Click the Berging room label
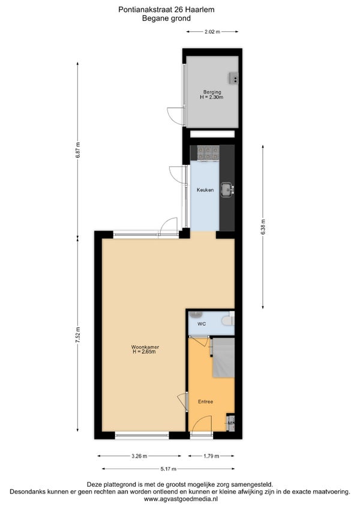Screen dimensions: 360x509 click(x=212, y=92)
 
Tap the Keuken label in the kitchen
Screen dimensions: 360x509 click(x=205, y=190)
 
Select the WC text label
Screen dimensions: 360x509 click(x=202, y=324)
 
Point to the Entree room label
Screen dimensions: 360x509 click(x=205, y=402)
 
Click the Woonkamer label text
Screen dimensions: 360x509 click(x=145, y=347)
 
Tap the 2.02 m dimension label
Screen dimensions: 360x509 click(x=212, y=32)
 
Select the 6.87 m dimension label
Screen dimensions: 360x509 click(x=77, y=150)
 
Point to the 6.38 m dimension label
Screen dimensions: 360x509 click(x=263, y=226)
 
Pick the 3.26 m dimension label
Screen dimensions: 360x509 click(x=139, y=456)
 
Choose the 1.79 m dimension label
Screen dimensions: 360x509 click(x=211, y=456)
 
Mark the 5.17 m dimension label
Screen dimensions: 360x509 click(x=168, y=469)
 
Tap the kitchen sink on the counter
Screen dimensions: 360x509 click(x=227, y=190)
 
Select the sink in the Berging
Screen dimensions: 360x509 click(x=234, y=78)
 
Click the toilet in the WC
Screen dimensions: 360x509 click(x=228, y=321)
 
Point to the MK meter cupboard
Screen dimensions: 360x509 click(x=231, y=423)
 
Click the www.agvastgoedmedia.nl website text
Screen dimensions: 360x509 click(x=181, y=499)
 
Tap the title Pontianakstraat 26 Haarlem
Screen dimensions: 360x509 click(x=166, y=10)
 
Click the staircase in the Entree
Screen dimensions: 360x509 click(x=223, y=357)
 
